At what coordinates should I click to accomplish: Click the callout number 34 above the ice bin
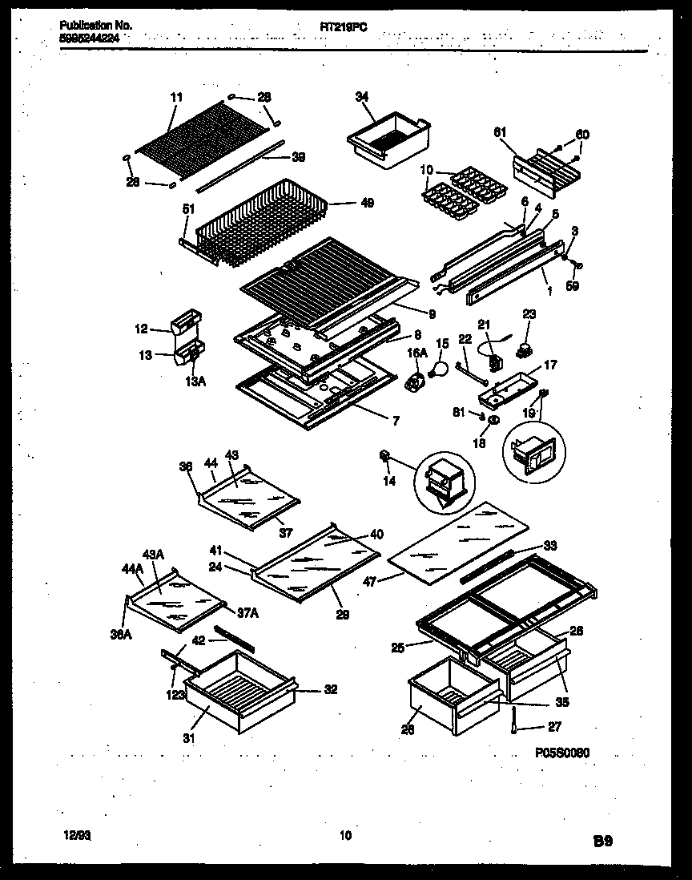pos(362,97)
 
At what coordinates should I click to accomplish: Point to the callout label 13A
pos(196,381)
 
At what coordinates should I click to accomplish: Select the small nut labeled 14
pos(384,456)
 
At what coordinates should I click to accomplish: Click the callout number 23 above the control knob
pos(529,314)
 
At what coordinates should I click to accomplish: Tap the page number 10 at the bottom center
pos(346,836)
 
